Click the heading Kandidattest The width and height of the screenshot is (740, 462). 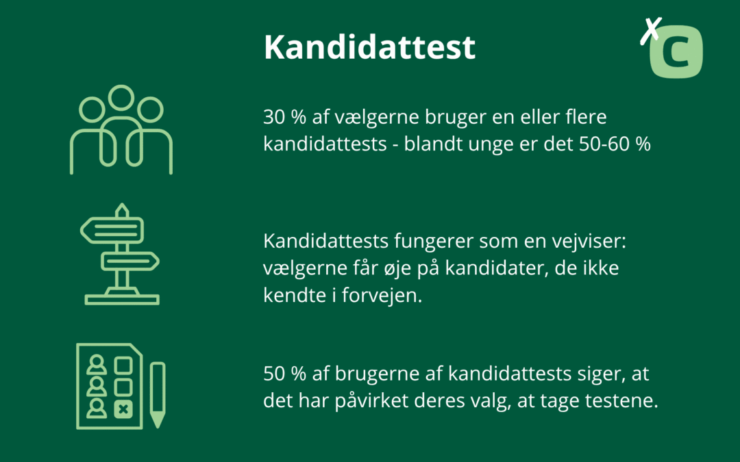(369, 47)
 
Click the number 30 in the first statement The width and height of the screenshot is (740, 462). (273, 118)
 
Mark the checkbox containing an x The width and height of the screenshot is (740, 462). (123, 409)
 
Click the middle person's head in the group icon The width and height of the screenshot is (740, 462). (121, 99)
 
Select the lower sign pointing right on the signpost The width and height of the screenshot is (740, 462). (130, 261)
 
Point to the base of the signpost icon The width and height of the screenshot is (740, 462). (122, 299)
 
